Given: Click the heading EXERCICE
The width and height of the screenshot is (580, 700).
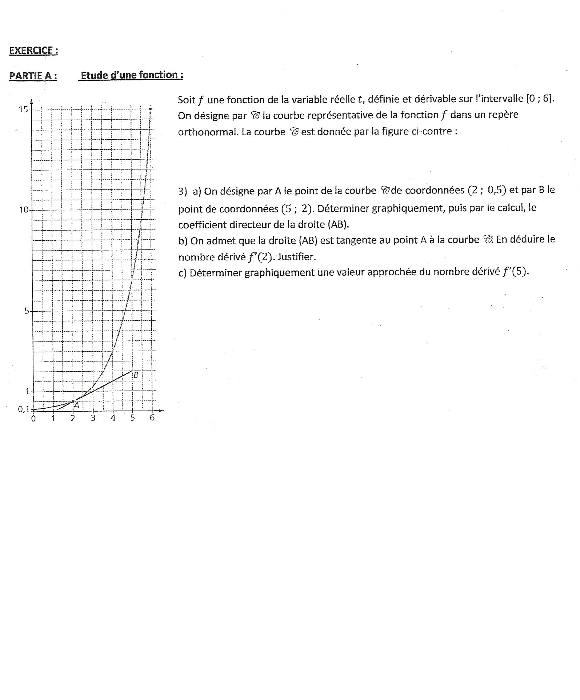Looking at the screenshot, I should (x=33, y=51).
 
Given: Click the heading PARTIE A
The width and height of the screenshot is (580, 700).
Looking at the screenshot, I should (x=33, y=76).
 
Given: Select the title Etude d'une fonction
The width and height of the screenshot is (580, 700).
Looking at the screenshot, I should (x=132, y=75).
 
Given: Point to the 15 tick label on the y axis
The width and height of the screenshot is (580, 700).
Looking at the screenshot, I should (x=24, y=109).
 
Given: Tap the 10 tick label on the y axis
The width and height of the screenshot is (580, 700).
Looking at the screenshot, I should (x=24, y=210).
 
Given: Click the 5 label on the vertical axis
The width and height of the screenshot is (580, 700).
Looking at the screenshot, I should (x=27, y=311).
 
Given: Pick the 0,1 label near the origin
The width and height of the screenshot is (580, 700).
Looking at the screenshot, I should (x=23, y=409).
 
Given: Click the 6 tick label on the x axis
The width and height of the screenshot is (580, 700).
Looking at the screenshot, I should (x=152, y=418).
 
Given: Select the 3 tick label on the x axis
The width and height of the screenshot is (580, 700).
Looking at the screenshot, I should (x=93, y=418).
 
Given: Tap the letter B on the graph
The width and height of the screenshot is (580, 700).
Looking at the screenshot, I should (x=136, y=375).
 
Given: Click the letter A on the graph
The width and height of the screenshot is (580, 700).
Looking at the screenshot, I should (x=76, y=405).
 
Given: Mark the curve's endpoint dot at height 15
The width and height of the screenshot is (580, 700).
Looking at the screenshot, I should (x=151, y=108).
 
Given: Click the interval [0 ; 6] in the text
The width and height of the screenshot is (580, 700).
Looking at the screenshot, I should (x=540, y=99).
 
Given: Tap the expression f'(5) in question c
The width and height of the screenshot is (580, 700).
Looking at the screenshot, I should (x=515, y=272).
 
